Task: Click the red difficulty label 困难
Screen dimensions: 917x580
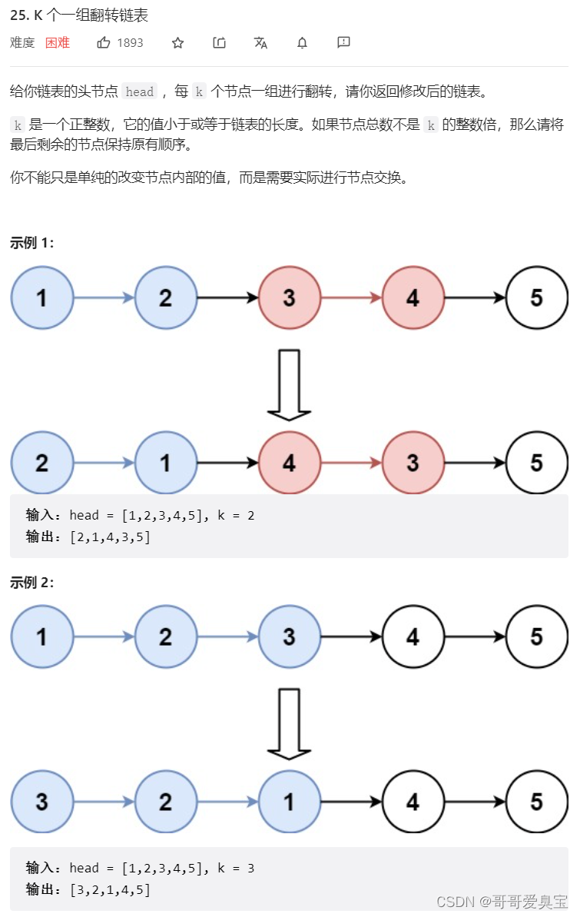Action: coord(58,43)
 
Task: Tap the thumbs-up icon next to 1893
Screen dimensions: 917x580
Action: coord(104,43)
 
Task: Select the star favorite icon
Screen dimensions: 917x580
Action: coord(177,43)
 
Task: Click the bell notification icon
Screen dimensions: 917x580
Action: coord(302,43)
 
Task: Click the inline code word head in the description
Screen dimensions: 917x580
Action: coord(140,92)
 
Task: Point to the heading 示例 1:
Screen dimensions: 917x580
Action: coord(32,243)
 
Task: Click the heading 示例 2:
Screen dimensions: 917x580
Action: coord(32,583)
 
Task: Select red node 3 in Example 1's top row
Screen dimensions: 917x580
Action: coord(289,297)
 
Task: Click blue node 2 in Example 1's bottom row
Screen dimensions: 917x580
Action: coord(42,463)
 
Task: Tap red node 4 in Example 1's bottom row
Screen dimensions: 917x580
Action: coord(289,463)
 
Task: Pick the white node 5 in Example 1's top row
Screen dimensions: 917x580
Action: coord(536,297)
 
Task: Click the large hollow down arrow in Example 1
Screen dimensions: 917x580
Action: coord(289,384)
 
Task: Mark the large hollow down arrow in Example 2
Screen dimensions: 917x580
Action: coord(289,723)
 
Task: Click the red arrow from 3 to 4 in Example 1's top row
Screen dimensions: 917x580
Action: coord(351,297)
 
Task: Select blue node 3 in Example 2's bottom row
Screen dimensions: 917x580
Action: coord(42,802)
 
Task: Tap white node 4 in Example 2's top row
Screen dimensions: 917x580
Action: coord(413,636)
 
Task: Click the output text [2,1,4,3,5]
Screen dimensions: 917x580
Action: coord(110,537)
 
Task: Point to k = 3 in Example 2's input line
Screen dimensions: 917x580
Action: coord(235,869)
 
